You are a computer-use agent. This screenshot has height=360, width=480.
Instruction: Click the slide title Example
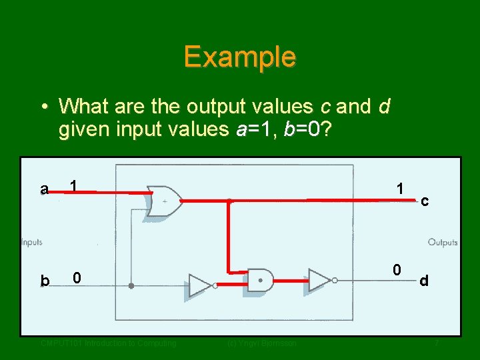(x=240, y=57)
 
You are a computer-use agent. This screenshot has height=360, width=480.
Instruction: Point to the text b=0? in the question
(x=309, y=129)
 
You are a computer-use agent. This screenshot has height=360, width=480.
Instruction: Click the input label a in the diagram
(x=44, y=189)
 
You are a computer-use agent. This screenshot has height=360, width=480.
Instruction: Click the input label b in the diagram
(x=45, y=281)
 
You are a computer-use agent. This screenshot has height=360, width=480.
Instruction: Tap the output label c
(x=424, y=199)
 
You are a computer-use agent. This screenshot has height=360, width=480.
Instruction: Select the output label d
(x=424, y=281)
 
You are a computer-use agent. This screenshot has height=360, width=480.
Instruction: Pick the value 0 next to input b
(x=77, y=277)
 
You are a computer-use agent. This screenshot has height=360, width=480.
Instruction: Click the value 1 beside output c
(x=399, y=189)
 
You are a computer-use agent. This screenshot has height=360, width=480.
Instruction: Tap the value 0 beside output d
(x=397, y=270)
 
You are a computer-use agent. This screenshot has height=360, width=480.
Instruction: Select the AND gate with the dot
(x=261, y=280)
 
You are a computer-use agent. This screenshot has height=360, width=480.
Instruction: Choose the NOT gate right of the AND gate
(x=319, y=280)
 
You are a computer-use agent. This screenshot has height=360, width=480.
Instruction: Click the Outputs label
(x=442, y=242)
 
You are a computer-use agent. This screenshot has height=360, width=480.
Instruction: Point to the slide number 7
(x=437, y=343)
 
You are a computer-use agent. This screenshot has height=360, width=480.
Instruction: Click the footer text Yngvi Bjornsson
(x=261, y=343)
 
